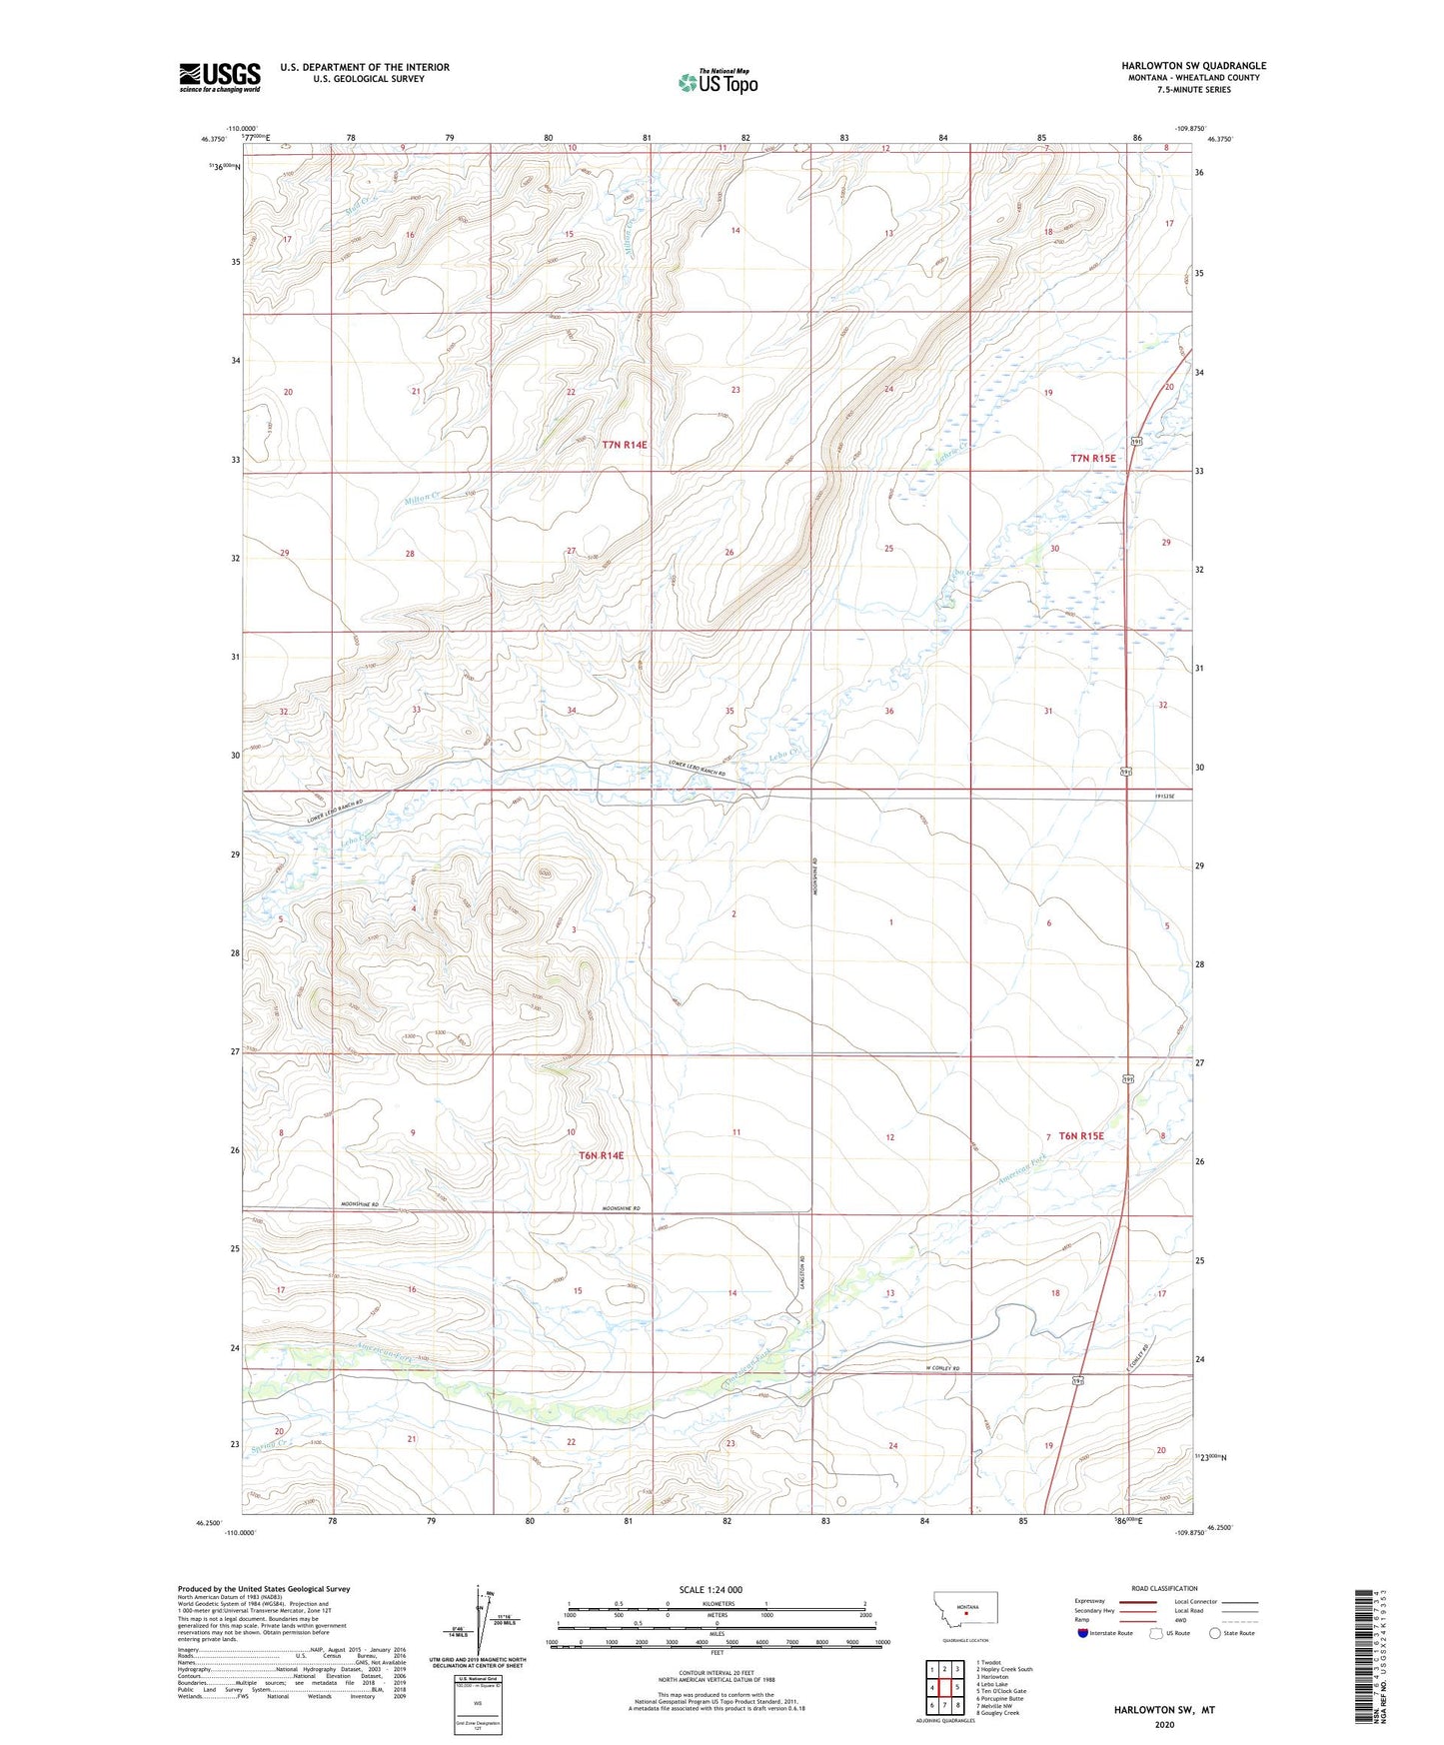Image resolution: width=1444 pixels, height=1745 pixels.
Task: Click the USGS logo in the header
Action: pos(220,77)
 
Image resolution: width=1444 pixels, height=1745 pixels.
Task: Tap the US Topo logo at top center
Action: pos(718,82)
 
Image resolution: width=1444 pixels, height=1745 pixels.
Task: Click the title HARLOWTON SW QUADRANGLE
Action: pos(1193,66)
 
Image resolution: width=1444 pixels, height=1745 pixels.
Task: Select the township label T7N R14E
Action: pos(632,444)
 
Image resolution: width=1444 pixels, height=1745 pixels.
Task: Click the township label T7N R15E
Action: pos(1092,458)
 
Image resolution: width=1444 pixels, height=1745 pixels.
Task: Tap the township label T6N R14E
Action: pos(601,1155)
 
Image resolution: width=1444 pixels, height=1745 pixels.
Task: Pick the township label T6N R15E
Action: pos(1081,1135)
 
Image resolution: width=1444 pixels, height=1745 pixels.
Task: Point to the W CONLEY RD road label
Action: pos(941,1368)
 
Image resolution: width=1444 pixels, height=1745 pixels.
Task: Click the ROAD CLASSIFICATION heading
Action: pos(1163,1588)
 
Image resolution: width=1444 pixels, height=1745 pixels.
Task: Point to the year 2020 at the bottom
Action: pos(1164,1724)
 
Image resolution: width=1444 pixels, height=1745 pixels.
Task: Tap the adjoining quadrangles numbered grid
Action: pos(944,1687)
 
